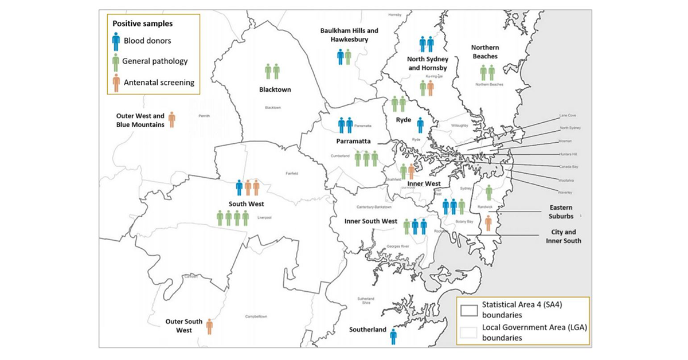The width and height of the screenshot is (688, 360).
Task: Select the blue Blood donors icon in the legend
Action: point(116,41)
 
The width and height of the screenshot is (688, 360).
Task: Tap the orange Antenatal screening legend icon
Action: point(116,83)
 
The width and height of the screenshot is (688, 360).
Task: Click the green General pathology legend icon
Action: point(116,61)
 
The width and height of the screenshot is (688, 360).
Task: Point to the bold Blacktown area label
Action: point(275,90)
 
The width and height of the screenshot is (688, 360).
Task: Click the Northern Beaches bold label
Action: point(484,52)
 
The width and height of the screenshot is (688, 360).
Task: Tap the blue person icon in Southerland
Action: point(393,336)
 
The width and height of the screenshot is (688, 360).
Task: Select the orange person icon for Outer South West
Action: point(210,326)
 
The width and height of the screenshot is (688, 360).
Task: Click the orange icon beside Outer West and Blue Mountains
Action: point(171,120)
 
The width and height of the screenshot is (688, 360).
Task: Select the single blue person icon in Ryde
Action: point(420,126)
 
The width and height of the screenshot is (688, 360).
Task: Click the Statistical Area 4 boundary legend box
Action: point(470,310)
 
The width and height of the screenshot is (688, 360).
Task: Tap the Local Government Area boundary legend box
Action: point(470,332)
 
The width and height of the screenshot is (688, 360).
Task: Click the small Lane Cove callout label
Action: point(568,116)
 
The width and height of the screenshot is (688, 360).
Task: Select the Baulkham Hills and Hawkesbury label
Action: point(345,35)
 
